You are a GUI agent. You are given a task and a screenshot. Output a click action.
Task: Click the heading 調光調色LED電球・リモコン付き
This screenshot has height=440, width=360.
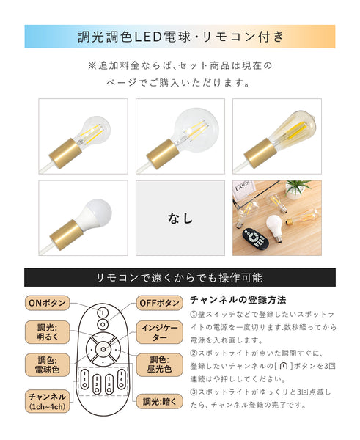coord(180,36)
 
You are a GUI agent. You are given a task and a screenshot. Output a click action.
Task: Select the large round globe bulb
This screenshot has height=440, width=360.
coord(180,136)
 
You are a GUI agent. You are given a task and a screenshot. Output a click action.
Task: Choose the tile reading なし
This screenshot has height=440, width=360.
coord(180,218)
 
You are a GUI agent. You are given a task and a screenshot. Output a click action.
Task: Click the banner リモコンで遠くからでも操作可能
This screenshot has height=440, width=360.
coord(180,277)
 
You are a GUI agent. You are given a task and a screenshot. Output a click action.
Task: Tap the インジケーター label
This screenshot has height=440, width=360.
coord(158,334)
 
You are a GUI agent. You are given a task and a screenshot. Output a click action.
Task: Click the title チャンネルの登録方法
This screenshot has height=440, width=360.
coord(238,300)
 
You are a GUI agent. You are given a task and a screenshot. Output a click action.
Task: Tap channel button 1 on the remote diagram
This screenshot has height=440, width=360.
coord(86,380)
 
